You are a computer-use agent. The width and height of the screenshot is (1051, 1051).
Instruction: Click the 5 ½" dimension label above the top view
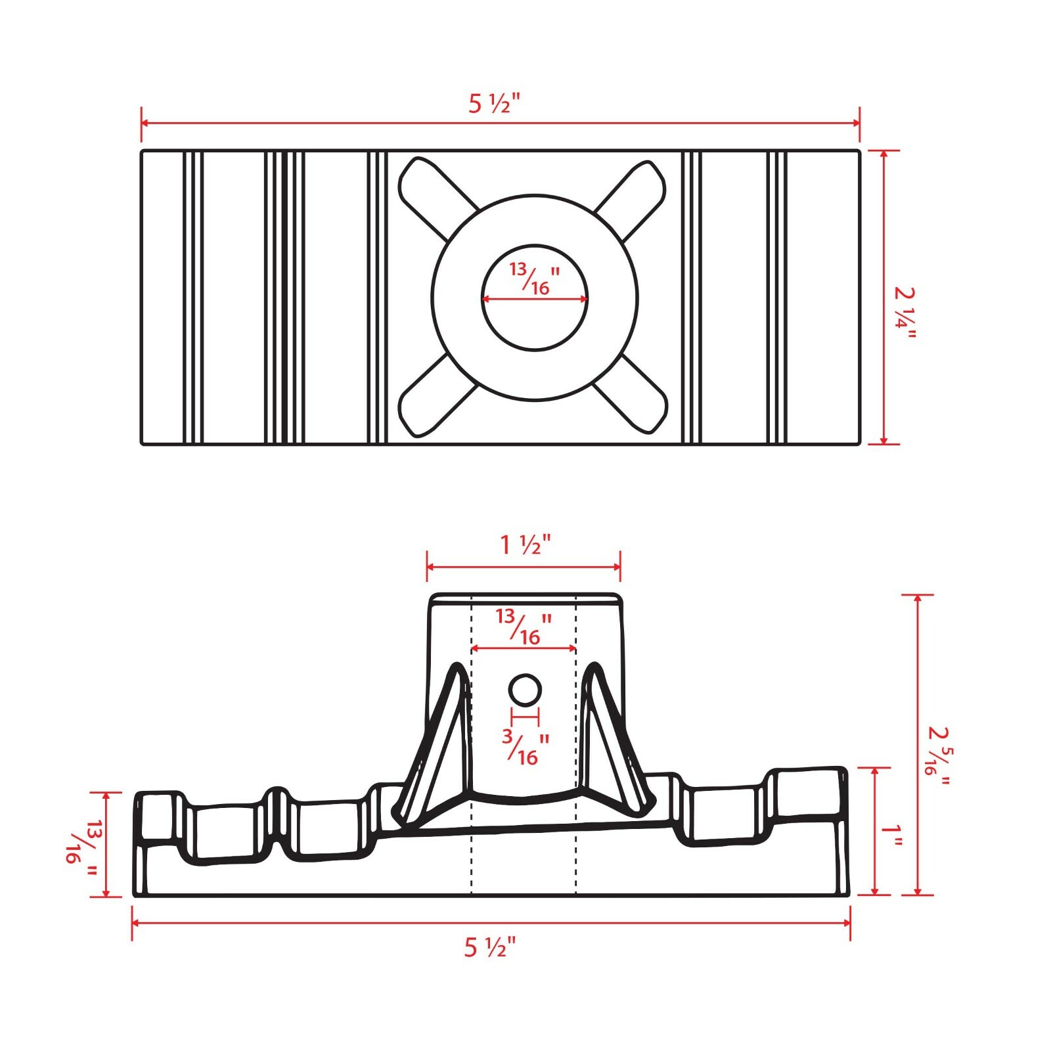(x=494, y=104)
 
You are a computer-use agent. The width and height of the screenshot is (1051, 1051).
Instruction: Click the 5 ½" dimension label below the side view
(x=490, y=947)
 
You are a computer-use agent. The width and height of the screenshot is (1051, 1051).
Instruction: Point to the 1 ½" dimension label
(x=525, y=545)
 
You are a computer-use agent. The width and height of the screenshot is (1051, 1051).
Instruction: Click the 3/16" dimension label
(x=525, y=747)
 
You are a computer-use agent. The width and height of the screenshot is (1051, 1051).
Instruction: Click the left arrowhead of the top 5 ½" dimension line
(x=146, y=123)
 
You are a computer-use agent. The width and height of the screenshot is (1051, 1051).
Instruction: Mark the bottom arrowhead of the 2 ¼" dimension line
(x=884, y=439)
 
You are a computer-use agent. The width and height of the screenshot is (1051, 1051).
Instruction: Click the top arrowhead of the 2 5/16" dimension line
(x=918, y=599)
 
